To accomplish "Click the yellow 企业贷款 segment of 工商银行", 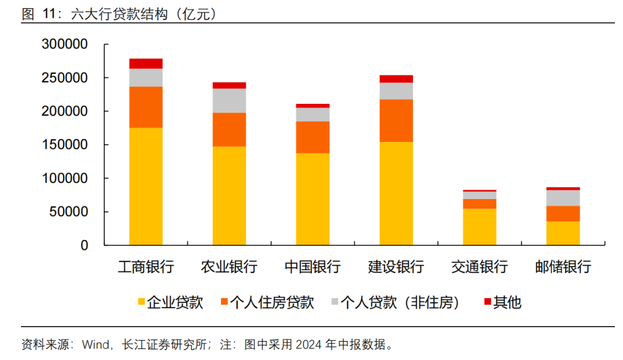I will [145, 186].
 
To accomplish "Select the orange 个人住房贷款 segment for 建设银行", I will [396, 121].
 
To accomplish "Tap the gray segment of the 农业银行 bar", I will [229, 100].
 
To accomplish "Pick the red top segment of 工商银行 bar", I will [145, 63].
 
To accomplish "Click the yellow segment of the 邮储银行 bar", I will [563, 233].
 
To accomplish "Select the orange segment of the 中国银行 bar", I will [313, 137].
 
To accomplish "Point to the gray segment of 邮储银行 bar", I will [563, 198].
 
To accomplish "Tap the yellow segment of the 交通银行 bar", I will [479, 227].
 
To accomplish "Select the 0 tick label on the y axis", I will [84, 245].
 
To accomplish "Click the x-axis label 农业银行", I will [229, 267].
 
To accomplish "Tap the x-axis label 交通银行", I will [479, 267].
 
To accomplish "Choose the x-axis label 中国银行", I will [313, 267].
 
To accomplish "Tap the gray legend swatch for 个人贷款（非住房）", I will [335, 302].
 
